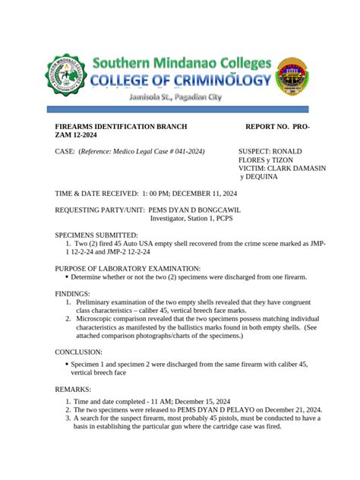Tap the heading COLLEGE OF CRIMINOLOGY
[181, 81]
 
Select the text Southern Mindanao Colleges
[181, 62]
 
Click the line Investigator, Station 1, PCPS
[191, 218]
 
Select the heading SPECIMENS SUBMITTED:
[96, 235]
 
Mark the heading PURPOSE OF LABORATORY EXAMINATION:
[128, 268]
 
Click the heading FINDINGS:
[73, 293]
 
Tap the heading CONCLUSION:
[79, 352]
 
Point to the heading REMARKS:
[73, 389]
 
